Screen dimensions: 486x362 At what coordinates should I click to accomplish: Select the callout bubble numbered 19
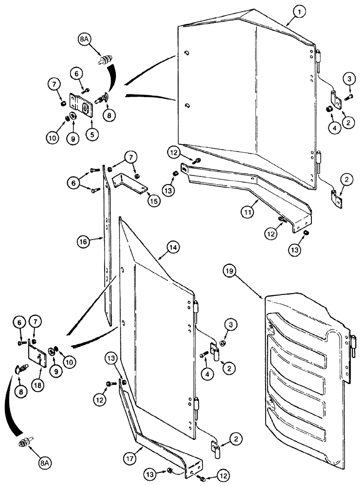[231, 270]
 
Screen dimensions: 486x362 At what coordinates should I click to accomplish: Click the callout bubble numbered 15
[154, 201]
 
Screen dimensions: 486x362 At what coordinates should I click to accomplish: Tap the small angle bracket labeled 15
[129, 182]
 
